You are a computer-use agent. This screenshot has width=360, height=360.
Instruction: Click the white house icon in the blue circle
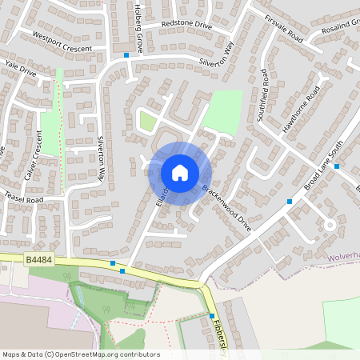tap(180, 172)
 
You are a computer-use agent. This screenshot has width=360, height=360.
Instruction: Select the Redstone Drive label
tap(186, 26)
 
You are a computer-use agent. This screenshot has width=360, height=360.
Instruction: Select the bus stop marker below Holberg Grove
tap(126, 55)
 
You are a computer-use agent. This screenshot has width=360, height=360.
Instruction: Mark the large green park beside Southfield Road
tap(223, 112)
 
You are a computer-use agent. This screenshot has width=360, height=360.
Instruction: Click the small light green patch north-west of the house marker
tap(147, 121)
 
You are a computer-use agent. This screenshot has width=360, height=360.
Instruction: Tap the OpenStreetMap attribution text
tap(81, 354)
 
